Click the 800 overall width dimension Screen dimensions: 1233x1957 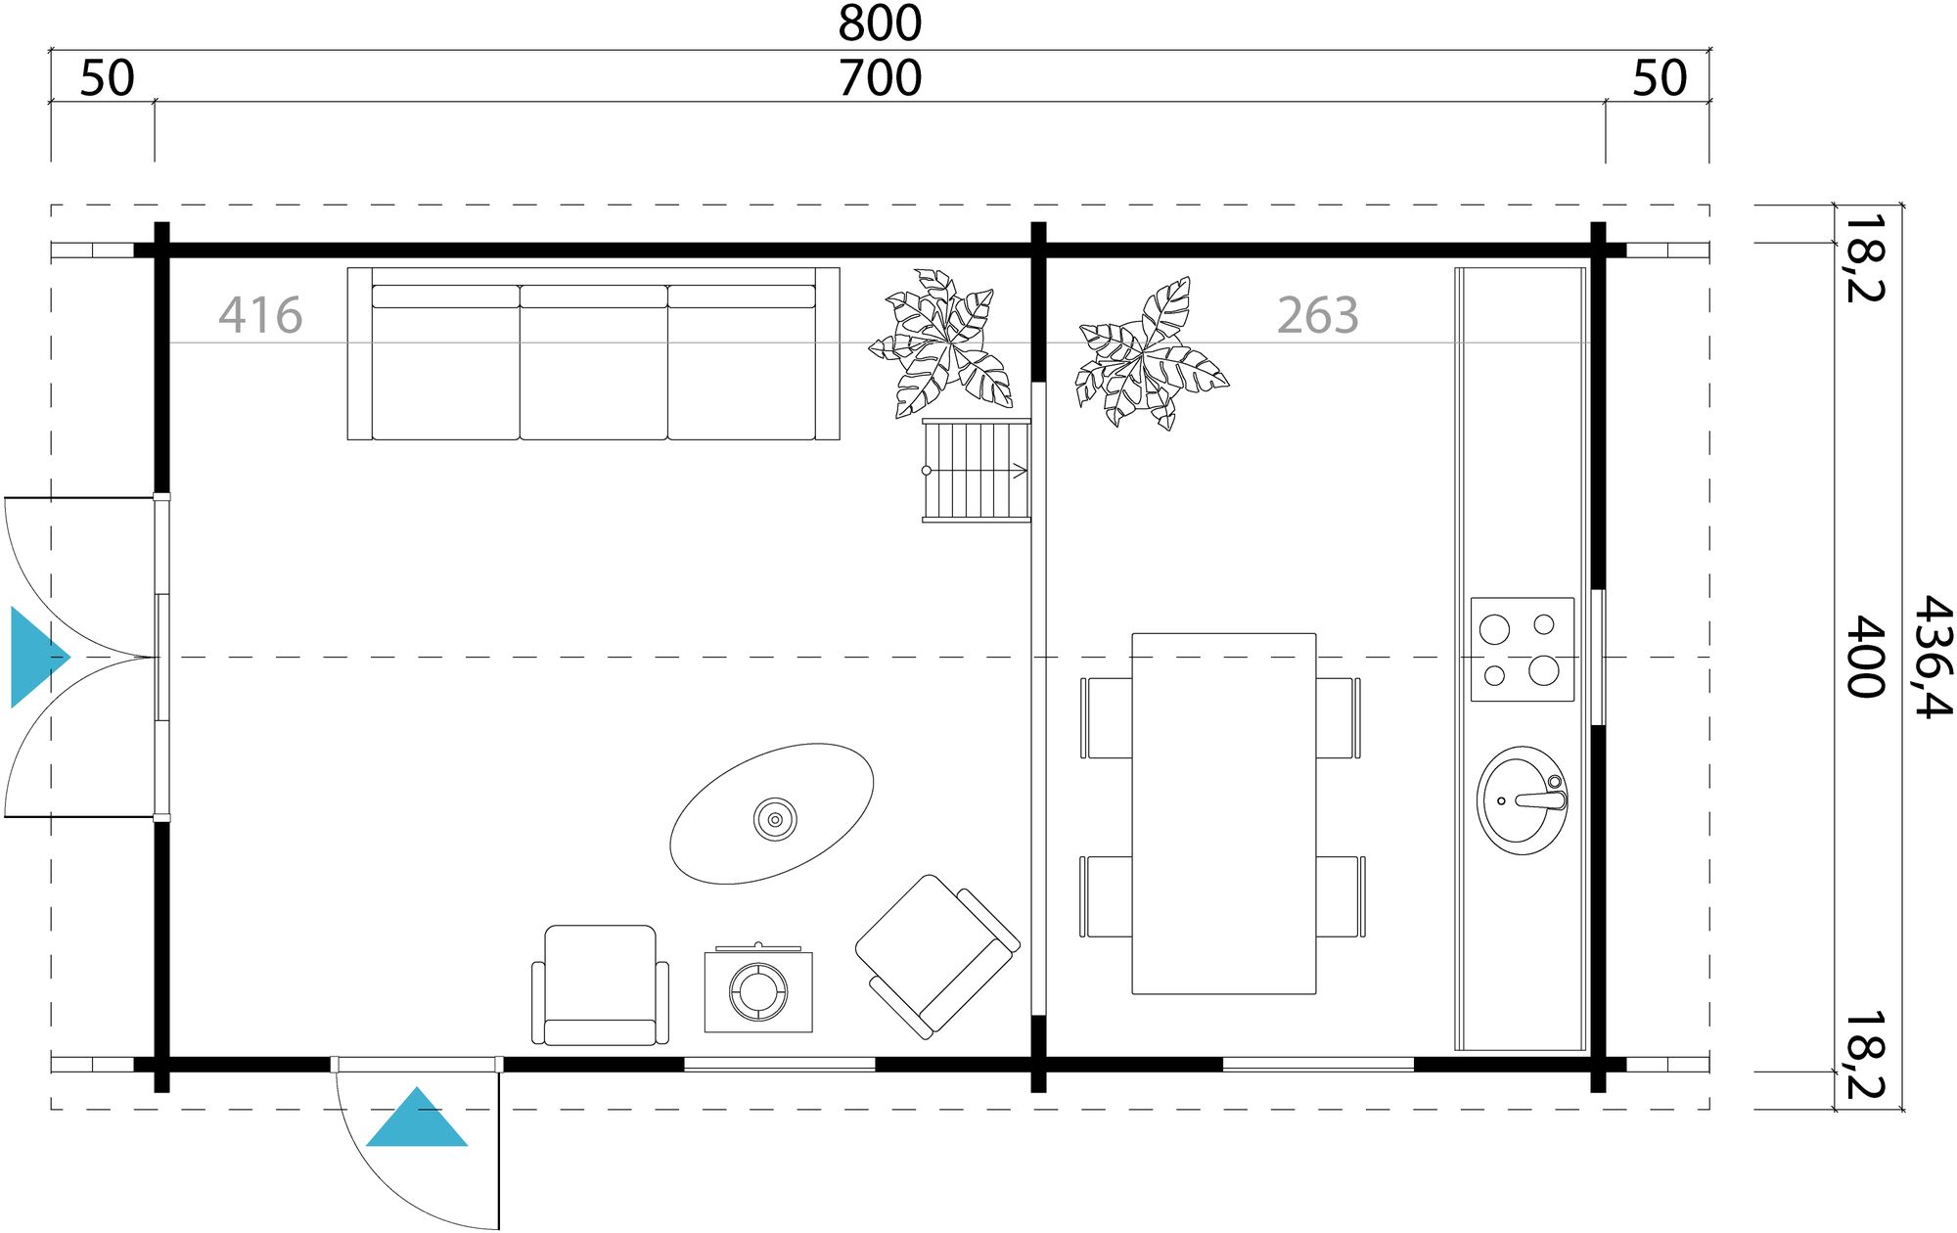(880, 23)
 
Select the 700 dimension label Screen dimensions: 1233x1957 (880, 78)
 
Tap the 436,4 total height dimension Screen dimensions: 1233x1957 (1932, 657)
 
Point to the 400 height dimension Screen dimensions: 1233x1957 (1866, 657)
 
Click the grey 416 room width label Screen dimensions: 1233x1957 (260, 315)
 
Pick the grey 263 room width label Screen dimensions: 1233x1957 (1318, 315)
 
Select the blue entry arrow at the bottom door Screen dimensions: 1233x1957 (417, 1121)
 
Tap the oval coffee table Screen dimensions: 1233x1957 (772, 814)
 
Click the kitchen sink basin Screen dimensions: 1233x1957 (1522, 800)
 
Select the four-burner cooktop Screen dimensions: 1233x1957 (1523, 649)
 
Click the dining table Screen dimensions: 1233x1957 (1223, 813)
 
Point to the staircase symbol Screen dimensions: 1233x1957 (977, 471)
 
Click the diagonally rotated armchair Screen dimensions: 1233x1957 (937, 955)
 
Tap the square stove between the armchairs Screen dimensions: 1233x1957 (758, 991)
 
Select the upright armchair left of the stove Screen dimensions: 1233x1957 (600, 984)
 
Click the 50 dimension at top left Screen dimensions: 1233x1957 (107, 78)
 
